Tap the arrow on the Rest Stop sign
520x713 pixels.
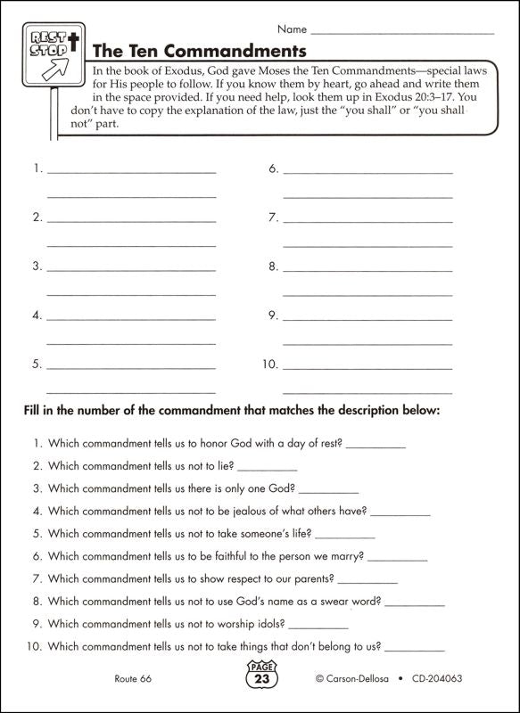(x=60, y=70)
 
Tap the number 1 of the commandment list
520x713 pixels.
(x=36, y=168)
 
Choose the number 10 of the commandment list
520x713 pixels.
(x=270, y=364)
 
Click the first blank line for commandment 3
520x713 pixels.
(x=132, y=268)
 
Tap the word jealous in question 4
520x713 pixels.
(x=260, y=511)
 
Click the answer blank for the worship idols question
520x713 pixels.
(x=294, y=626)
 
